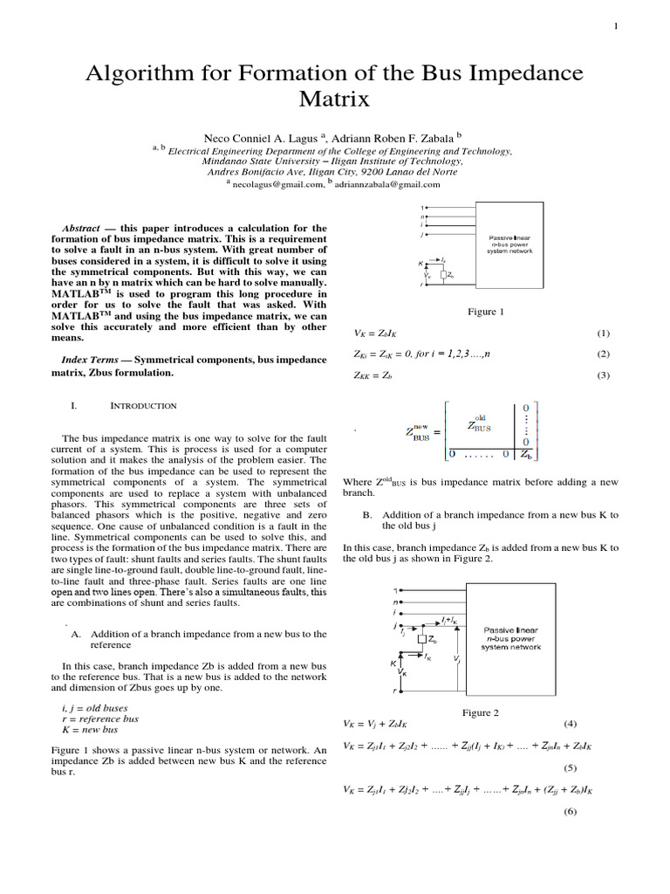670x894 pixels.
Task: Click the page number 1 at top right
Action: (616, 26)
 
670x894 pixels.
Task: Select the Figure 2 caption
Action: (480, 712)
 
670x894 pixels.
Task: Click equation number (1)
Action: (603, 334)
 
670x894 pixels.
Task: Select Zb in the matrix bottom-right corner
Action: (526, 454)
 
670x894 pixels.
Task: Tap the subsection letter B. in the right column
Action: (367, 515)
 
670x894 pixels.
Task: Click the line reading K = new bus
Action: (89, 729)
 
